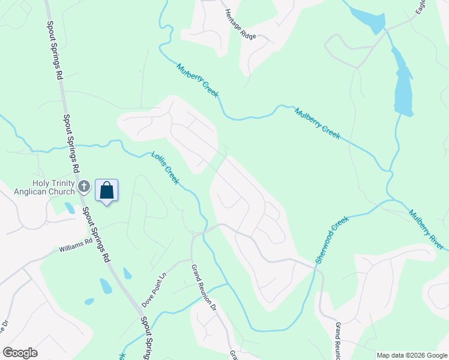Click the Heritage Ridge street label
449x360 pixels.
click(240, 24)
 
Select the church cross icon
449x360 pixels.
click(84, 186)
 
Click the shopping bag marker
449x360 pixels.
click(106, 191)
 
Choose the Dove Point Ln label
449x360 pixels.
click(154, 289)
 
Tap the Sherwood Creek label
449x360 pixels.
click(332, 240)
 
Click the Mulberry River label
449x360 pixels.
click(426, 230)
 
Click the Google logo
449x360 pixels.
click(20, 353)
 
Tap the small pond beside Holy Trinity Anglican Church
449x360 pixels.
click(70, 208)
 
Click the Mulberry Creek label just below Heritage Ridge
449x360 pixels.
click(197, 80)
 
